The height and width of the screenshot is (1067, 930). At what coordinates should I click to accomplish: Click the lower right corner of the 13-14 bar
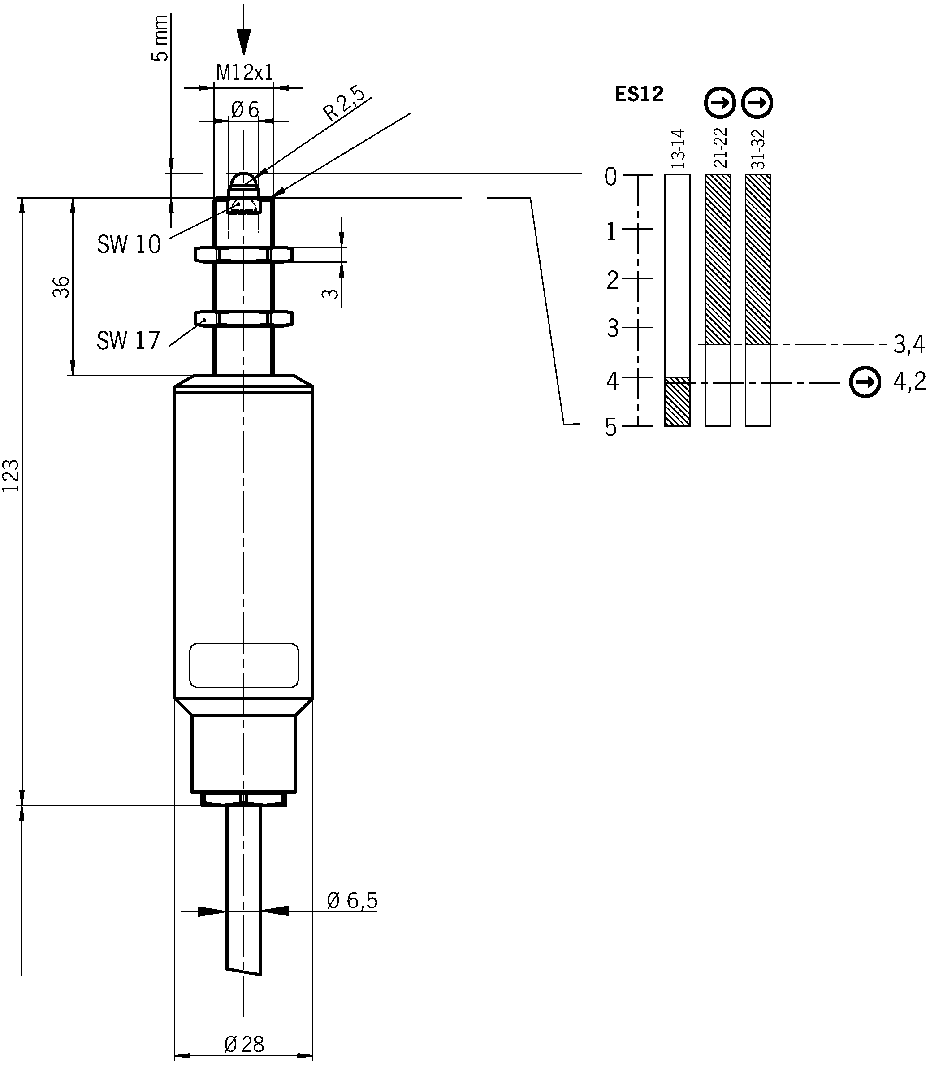pos(690,426)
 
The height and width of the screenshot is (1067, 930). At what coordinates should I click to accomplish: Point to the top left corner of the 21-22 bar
pos(705,175)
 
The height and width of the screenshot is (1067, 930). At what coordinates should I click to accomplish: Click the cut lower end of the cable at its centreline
pos(243,972)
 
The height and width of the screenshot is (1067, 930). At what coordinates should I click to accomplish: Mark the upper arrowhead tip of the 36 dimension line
pos(73,198)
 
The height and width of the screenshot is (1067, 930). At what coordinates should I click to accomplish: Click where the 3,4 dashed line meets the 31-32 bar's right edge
pos(770,344)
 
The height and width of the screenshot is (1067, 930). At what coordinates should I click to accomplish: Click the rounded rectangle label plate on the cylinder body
pos(244,665)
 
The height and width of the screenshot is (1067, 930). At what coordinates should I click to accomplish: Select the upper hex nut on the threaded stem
pos(243,254)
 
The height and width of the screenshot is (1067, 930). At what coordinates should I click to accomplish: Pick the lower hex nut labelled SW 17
pos(243,318)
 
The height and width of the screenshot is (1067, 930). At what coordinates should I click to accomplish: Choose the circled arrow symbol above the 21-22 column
pos(720,103)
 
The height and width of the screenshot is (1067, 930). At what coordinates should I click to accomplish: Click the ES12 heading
pos(639,95)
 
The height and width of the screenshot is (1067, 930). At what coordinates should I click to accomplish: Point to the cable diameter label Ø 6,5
pos(352,900)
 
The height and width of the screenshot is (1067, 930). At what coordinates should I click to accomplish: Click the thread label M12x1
pos(244,73)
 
